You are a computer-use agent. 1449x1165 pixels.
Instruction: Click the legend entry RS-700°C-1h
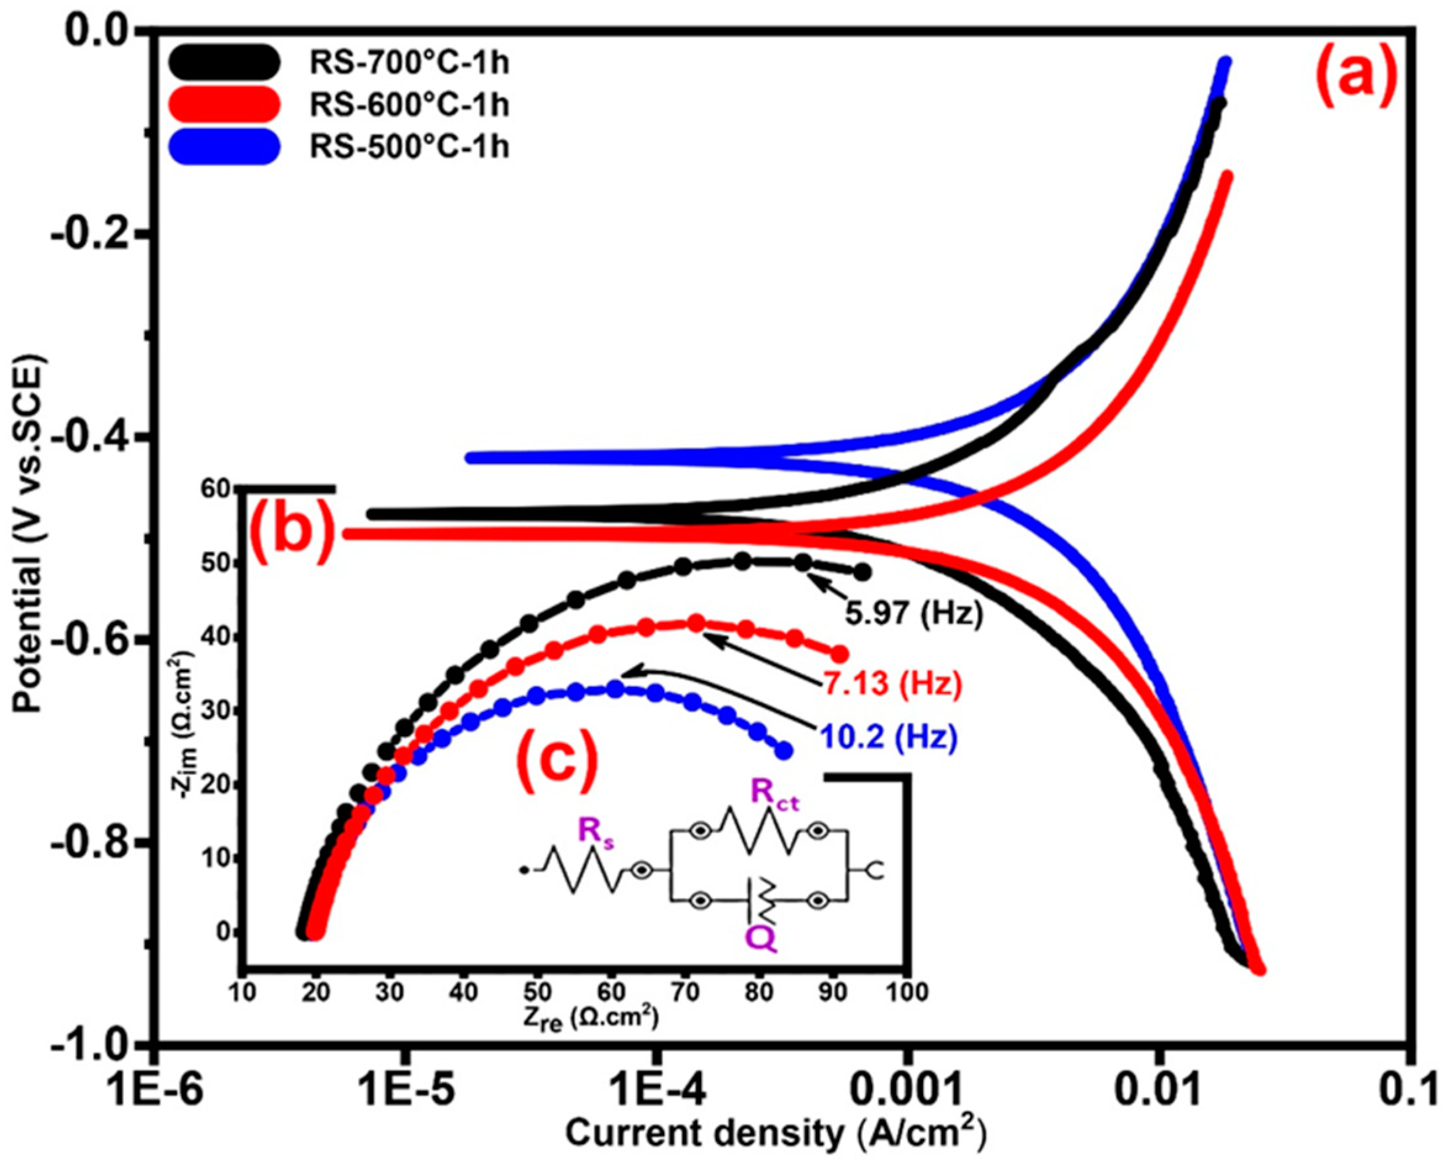(408, 62)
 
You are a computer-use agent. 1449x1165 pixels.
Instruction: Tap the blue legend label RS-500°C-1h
(408, 146)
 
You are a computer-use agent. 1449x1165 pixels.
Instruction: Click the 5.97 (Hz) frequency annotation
(913, 614)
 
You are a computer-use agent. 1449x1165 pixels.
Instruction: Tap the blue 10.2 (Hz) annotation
(887, 738)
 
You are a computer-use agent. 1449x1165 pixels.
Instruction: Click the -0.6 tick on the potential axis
(103, 640)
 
